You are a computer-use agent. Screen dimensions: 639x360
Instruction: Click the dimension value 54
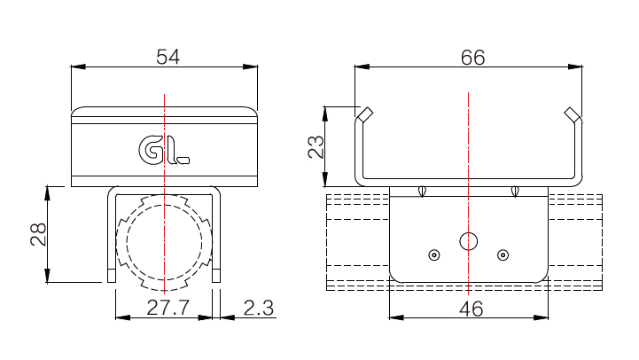[168, 57]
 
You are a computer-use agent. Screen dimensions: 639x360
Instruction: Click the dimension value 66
[472, 58]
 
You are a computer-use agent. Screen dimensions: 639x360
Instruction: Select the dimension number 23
[316, 146]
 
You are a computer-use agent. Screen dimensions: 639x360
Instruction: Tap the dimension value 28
[39, 234]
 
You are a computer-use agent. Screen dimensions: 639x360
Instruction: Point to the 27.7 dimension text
[168, 308]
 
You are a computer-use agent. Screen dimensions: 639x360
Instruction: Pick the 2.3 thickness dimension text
[259, 309]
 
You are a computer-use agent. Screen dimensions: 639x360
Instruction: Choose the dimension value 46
[471, 309]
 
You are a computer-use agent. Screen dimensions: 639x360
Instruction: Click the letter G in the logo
[151, 151]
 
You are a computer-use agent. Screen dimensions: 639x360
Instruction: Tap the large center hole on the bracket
[469, 241]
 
